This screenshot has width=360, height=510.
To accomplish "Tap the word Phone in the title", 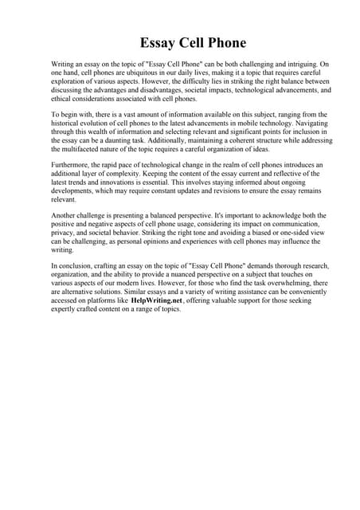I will click(x=224, y=43).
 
